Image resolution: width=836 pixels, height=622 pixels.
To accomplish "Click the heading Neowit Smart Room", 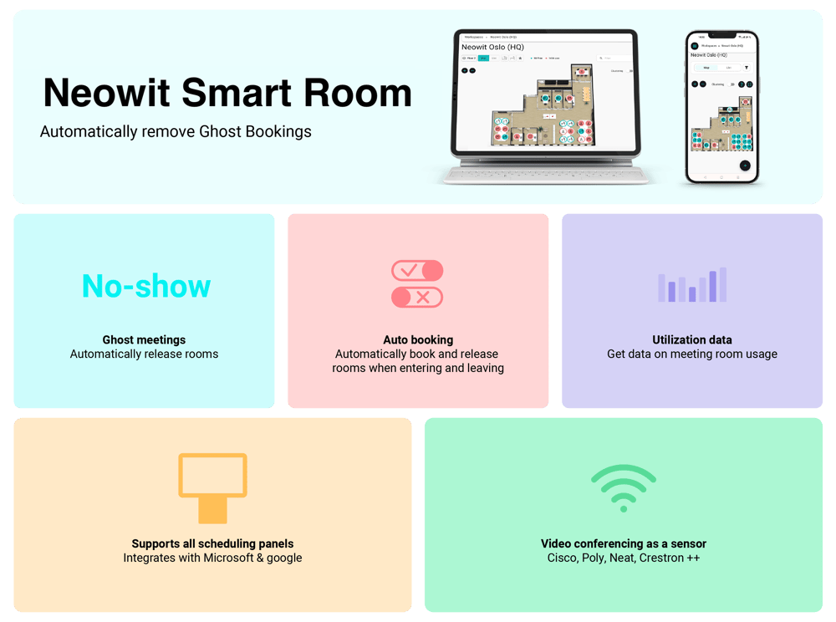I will coord(227,93).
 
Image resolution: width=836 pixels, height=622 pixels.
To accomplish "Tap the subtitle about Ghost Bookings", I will coord(176,131).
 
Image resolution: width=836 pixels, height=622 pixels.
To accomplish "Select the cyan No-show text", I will coord(146,286).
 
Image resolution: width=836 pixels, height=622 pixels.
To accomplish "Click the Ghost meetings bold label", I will coord(144,339).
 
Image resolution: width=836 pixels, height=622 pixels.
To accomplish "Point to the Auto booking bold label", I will coord(418,339).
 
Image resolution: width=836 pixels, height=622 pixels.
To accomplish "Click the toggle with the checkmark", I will coord(417,271).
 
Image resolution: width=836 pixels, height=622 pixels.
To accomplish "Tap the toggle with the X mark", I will coord(417,297).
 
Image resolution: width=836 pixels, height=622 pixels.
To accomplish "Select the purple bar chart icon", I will coord(692,285).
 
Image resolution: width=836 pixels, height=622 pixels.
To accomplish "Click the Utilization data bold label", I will coord(692,339).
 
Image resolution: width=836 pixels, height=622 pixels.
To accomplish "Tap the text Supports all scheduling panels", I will coord(212,543).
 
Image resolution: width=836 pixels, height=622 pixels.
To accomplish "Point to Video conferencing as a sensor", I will coord(624,543).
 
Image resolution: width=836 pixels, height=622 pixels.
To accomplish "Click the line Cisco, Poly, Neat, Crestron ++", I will coord(624,558).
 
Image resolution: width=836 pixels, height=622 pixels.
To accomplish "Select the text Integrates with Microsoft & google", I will coord(212,558).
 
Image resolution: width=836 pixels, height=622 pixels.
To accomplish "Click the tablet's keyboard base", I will coord(547,174).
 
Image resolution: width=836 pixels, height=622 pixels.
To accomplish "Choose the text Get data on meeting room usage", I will coord(692,354).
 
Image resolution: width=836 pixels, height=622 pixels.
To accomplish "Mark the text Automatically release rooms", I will coord(144,354).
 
